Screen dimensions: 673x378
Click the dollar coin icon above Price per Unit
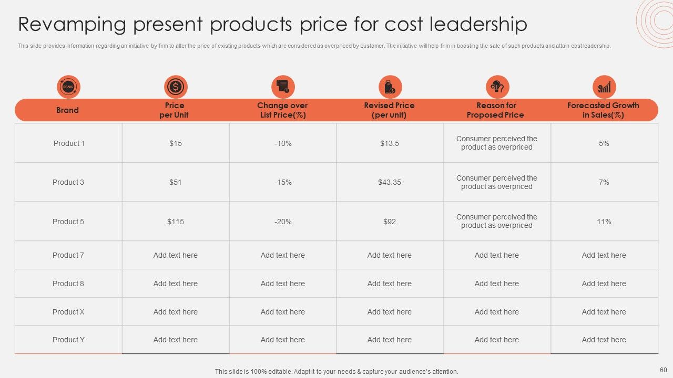pos(176,87)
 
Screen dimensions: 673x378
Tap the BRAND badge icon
pos(68,87)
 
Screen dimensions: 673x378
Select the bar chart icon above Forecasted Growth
pos(604,87)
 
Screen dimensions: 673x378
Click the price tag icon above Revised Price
pos(390,87)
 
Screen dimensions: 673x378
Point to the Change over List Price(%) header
pos(283,110)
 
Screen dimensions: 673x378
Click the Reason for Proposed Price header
pos(496,110)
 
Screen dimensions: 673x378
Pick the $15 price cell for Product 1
pos(176,143)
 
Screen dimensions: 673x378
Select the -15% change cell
pos(283,182)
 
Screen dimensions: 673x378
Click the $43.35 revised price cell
pos(390,182)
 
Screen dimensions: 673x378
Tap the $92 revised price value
pos(390,222)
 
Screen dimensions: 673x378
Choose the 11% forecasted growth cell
pos(604,222)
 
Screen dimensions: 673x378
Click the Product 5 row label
pos(68,222)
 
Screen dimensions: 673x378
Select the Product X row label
pos(68,312)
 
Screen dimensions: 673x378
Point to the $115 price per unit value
pos(176,222)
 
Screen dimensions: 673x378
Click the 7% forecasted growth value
pos(604,182)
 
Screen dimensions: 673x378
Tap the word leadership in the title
pos(478,25)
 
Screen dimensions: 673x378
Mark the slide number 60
pos(664,370)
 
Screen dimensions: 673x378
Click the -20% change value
pos(283,222)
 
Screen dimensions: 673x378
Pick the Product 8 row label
pos(68,283)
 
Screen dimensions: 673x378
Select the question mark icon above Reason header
pos(497,87)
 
